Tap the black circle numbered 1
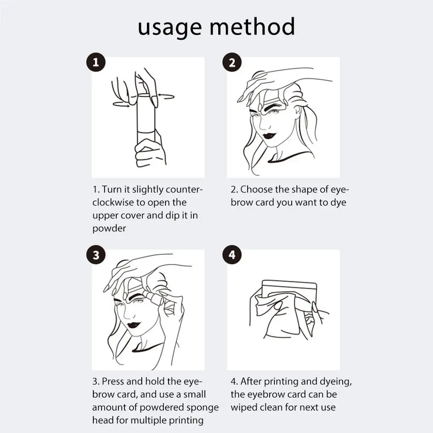[x=96, y=63]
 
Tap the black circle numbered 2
[x=232, y=63]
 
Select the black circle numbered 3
[x=96, y=255]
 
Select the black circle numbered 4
[x=232, y=255]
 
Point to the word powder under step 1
[x=109, y=228]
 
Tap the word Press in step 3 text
[x=112, y=382]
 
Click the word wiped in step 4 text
[x=245, y=408]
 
